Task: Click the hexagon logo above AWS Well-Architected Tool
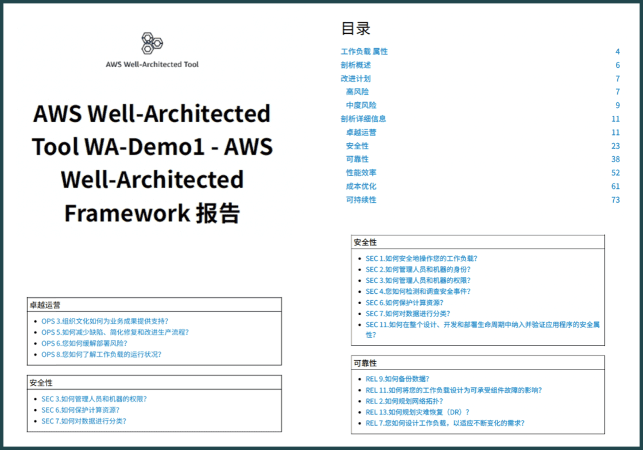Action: [x=152, y=44]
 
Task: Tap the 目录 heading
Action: [x=356, y=28]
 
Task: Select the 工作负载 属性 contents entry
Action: [x=364, y=52]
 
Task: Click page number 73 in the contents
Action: [x=615, y=200]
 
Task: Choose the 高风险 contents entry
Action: [x=357, y=92]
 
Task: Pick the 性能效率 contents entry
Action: [x=361, y=173]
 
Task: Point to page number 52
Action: [x=615, y=173]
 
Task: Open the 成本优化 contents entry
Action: [x=361, y=187]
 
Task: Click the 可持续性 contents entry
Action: [x=361, y=200]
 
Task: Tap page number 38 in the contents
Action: [x=615, y=160]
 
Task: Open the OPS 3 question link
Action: [x=104, y=321]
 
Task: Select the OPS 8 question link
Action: [x=101, y=355]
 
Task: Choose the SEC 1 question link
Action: [x=421, y=259]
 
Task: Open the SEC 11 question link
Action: [x=482, y=325]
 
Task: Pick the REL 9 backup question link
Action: [x=397, y=379]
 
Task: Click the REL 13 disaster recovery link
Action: [x=417, y=412]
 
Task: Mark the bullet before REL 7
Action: [x=359, y=424]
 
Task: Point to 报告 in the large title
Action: [x=218, y=214]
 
